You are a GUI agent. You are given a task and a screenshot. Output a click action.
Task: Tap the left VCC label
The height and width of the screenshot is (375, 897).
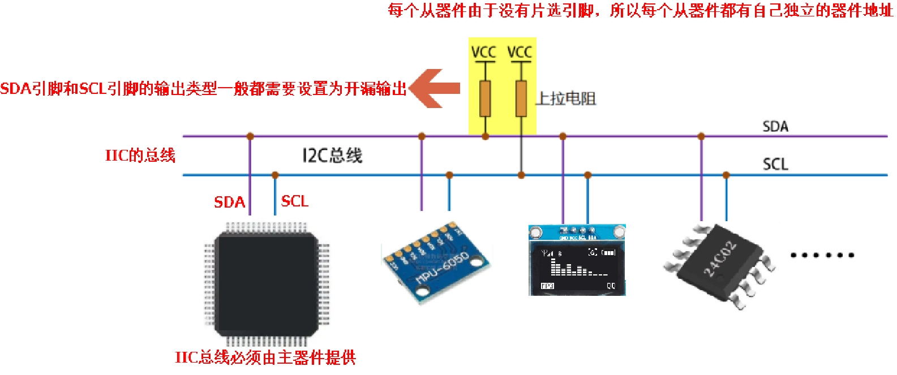(x=483, y=53)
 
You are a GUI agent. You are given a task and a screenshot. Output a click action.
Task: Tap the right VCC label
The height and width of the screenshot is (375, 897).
(x=520, y=53)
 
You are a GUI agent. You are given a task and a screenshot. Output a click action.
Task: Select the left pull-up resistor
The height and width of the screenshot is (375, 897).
(x=485, y=98)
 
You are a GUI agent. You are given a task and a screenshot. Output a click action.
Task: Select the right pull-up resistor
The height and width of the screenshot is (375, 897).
(x=521, y=98)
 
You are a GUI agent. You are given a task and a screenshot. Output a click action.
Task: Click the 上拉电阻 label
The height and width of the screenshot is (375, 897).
(x=566, y=99)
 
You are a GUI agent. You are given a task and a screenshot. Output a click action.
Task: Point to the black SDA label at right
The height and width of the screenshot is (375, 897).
(x=775, y=127)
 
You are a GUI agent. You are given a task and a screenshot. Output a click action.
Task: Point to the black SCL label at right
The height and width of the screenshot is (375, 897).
(x=775, y=165)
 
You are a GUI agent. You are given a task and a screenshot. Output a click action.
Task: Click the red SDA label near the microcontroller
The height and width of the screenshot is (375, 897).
(x=229, y=202)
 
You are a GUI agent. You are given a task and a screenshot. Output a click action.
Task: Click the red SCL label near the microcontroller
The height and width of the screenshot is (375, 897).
(x=295, y=201)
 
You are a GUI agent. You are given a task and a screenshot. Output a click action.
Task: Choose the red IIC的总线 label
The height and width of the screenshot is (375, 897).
(x=140, y=156)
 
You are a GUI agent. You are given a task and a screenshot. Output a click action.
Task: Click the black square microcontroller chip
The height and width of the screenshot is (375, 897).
(x=266, y=283)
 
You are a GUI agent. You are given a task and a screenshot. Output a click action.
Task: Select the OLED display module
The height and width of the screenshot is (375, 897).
(x=577, y=260)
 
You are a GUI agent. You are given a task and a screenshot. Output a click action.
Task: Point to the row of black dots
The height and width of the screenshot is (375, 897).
(x=822, y=255)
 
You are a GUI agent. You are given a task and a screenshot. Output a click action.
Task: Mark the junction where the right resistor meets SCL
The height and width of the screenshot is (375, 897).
(x=521, y=175)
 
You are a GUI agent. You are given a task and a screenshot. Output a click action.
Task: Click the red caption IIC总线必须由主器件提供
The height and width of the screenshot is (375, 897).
(x=265, y=357)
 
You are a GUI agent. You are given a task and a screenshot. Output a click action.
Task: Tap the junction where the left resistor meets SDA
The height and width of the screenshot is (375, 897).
(x=485, y=136)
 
